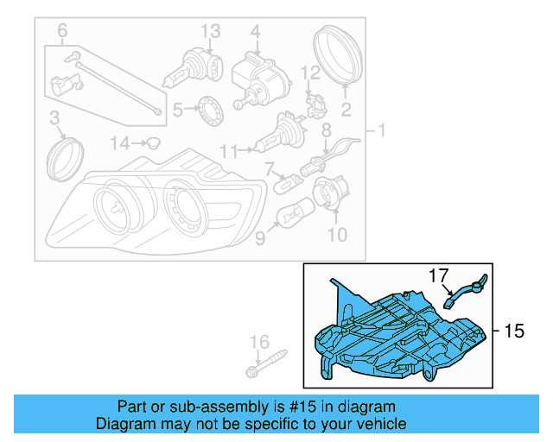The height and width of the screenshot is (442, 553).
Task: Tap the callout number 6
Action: click(x=62, y=32)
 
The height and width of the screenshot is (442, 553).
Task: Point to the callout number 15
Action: click(x=514, y=331)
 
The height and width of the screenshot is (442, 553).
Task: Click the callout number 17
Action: click(x=440, y=275)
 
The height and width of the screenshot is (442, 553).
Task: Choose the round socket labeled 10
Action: click(x=328, y=193)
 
